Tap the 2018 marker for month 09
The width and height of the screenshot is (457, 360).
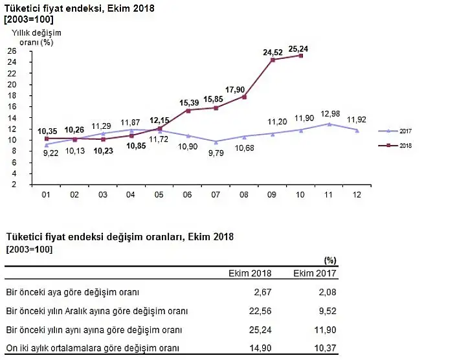(x=273, y=60)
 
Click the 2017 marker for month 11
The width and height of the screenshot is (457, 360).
(x=329, y=124)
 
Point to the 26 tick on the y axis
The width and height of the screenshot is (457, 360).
(x=12, y=51)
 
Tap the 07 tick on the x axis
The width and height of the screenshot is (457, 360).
(x=216, y=194)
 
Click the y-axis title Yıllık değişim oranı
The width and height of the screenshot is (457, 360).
(x=31, y=38)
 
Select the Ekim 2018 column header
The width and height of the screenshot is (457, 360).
(x=251, y=273)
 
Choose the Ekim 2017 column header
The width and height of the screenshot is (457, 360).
(x=315, y=273)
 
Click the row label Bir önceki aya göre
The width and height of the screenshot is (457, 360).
(x=72, y=292)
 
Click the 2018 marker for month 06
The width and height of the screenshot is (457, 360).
(x=188, y=111)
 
